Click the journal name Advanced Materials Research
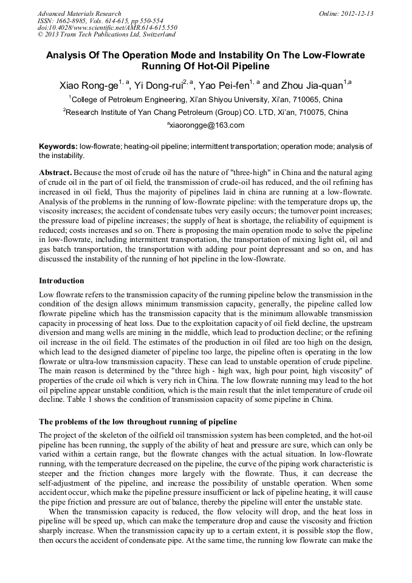[x=79, y=13]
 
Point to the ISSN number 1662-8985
[x=73, y=21]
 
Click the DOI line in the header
[x=107, y=28]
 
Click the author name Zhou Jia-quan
[x=311, y=85]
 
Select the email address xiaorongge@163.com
[x=207, y=125]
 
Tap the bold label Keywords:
[x=58, y=147]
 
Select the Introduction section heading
[x=61, y=281]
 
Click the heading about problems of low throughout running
[x=138, y=422]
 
